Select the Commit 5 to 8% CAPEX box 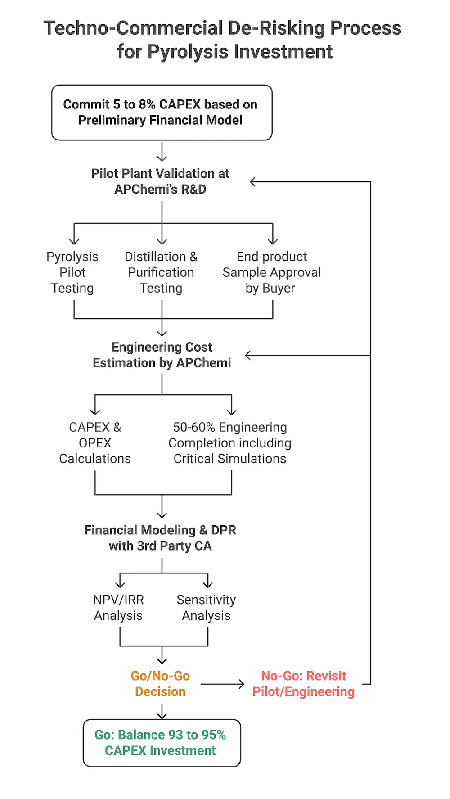[x=162, y=113]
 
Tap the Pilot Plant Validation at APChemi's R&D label [x=160, y=181]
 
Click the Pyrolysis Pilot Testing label [x=72, y=272]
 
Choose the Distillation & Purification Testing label [x=161, y=272]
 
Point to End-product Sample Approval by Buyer [x=271, y=272]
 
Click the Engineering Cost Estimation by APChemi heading [x=162, y=355]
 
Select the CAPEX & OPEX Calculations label [x=95, y=443]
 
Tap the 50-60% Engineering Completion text [x=230, y=443]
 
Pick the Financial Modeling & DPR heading [x=160, y=538]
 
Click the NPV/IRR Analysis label [x=118, y=608]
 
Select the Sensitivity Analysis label [x=206, y=608]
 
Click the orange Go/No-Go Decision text [x=160, y=684]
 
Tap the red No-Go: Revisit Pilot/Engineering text [x=303, y=684]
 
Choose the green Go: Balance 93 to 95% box [x=162, y=743]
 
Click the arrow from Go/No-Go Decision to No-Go [x=222, y=684]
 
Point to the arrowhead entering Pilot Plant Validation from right [x=253, y=182]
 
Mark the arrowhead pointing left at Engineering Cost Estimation [x=248, y=356]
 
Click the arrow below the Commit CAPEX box [x=162, y=152]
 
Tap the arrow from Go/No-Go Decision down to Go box [x=162, y=711]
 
